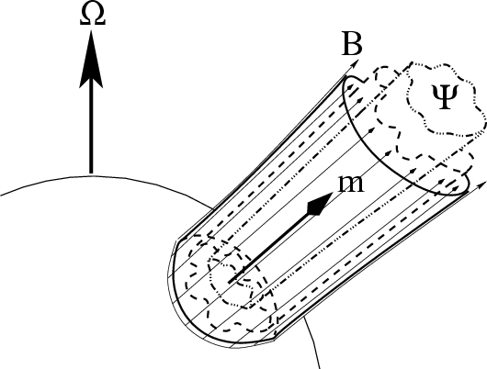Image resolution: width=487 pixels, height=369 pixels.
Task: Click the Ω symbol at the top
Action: [93, 16]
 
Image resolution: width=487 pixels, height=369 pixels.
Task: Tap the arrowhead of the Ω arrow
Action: [91, 59]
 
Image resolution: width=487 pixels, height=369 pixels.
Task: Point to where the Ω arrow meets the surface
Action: [91, 174]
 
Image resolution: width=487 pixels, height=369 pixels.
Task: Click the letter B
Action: [352, 44]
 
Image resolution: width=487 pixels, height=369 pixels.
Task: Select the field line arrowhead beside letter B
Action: [355, 63]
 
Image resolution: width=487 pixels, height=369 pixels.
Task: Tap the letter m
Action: [351, 184]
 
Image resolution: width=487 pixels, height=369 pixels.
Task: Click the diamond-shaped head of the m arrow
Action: [319, 204]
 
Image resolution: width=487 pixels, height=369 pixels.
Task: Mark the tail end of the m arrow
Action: [230, 282]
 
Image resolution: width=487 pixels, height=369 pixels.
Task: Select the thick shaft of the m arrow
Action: [268, 248]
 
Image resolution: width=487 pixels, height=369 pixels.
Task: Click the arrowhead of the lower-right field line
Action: [481, 185]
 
